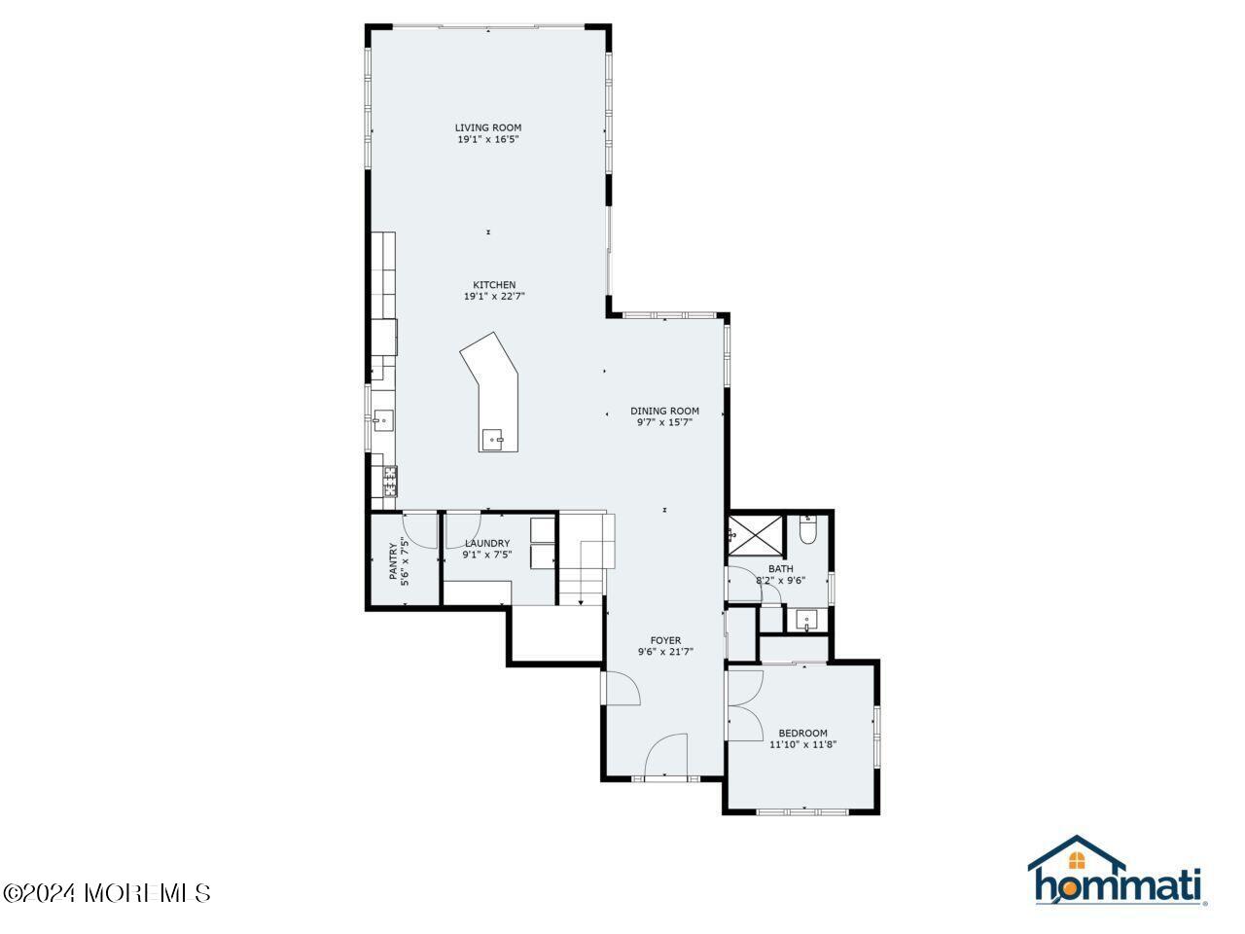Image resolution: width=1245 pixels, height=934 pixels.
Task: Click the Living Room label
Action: (x=488, y=127)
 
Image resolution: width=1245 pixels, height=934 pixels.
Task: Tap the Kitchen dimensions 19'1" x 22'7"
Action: (x=494, y=297)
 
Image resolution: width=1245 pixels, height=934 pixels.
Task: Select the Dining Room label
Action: (x=664, y=411)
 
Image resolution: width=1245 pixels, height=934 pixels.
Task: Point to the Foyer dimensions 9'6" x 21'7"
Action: (x=665, y=652)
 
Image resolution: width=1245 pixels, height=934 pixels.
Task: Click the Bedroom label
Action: (x=802, y=733)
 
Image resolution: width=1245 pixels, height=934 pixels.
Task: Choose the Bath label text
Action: (x=780, y=569)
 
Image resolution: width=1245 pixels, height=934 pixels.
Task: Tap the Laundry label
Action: (x=487, y=543)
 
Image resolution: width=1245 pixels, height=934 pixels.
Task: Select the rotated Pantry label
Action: (x=395, y=560)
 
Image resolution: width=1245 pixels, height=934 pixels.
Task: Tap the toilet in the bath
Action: (x=807, y=531)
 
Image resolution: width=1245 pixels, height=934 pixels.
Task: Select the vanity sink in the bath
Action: (x=807, y=620)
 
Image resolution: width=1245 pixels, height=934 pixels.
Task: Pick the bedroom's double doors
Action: (x=744, y=705)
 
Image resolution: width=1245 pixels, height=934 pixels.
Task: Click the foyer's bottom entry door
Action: (x=665, y=756)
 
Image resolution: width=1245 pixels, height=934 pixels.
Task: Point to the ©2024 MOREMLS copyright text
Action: (x=106, y=892)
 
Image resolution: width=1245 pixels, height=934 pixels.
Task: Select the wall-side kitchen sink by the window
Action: (x=382, y=420)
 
